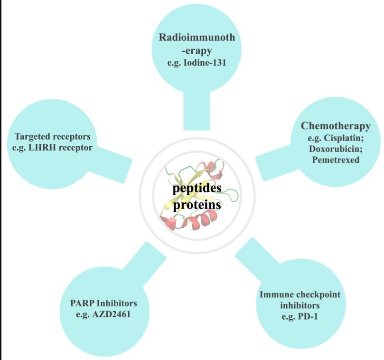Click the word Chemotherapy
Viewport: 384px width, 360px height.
click(336, 126)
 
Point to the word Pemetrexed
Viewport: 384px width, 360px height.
click(336, 160)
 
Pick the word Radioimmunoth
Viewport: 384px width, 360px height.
click(197, 38)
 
